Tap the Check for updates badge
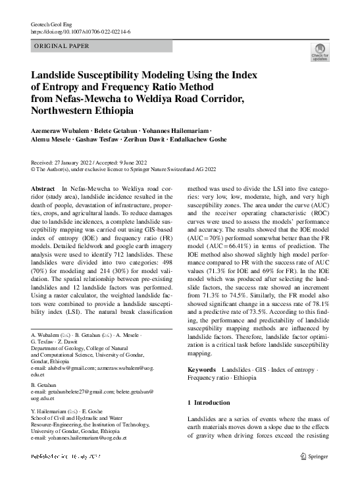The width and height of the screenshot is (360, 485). pyautogui.click(x=320, y=53)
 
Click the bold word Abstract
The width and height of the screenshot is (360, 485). pyautogui.click(x=43, y=188)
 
